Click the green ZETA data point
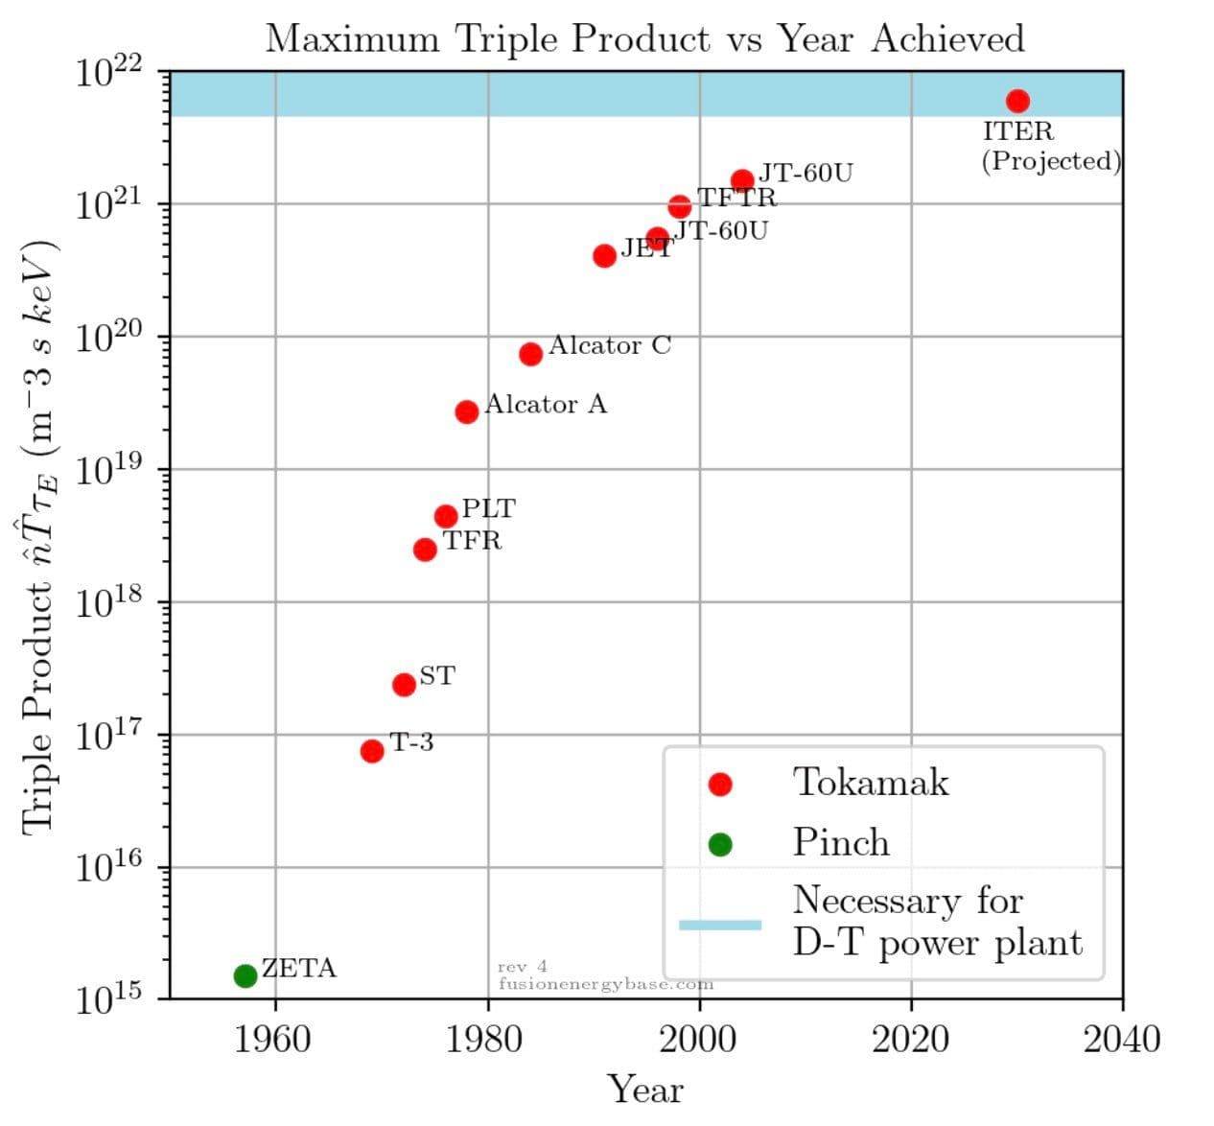(x=245, y=975)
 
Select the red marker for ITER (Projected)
(x=1017, y=101)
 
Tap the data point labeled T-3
(x=372, y=751)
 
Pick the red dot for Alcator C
(x=530, y=354)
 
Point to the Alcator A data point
(x=467, y=411)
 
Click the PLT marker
(x=446, y=517)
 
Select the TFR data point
(x=425, y=550)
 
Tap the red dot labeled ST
(x=404, y=685)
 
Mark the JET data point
(x=604, y=256)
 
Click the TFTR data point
(x=680, y=207)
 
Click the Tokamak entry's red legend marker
(x=719, y=785)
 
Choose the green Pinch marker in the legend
(x=719, y=844)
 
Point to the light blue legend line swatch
(x=719, y=925)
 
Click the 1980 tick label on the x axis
(x=487, y=1039)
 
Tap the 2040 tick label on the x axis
(x=1121, y=1039)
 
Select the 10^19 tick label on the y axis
(x=107, y=472)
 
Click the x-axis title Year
(x=645, y=1091)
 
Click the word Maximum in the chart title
(x=352, y=39)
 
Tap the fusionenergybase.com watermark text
(x=606, y=984)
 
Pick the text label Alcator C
(x=610, y=345)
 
